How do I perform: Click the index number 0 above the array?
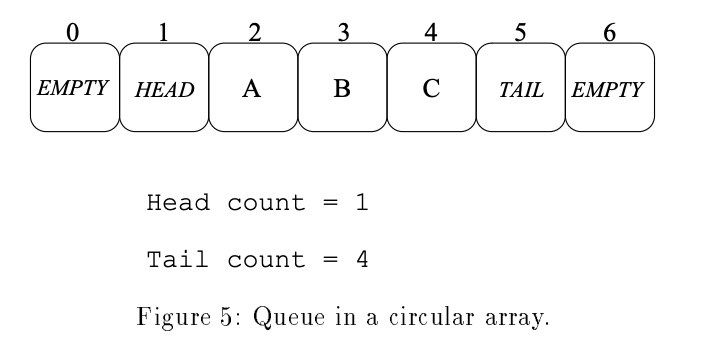pyautogui.click(x=73, y=33)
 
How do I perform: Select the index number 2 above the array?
pyautogui.click(x=253, y=33)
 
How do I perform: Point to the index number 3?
pyautogui.click(x=342, y=33)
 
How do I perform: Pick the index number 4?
pyautogui.click(x=431, y=33)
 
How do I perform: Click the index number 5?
pyautogui.click(x=520, y=33)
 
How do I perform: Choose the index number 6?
pyautogui.click(x=610, y=33)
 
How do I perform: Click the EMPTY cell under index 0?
pyautogui.click(x=74, y=88)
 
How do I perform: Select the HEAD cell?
pyautogui.click(x=163, y=88)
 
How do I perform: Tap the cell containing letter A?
pyautogui.click(x=252, y=88)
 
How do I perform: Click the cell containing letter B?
pyautogui.click(x=342, y=88)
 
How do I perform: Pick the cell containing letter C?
pyautogui.click(x=431, y=88)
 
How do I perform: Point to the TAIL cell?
pyautogui.click(x=521, y=88)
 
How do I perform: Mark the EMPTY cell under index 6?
pyautogui.click(x=610, y=88)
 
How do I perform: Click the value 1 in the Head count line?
pyautogui.click(x=363, y=204)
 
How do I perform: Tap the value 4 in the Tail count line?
pyautogui.click(x=363, y=261)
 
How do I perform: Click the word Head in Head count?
pyautogui.click(x=178, y=204)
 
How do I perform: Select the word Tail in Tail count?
pyautogui.click(x=178, y=261)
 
